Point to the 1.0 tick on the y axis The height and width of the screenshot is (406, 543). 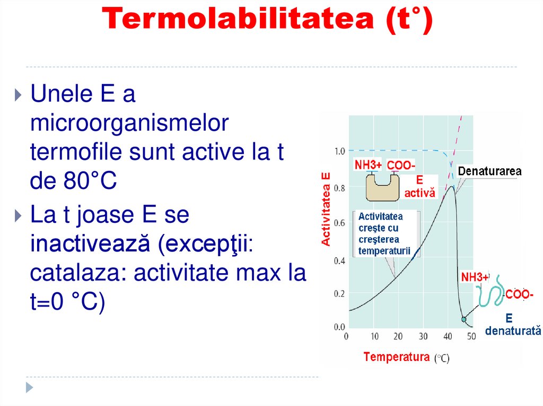coord(340,151)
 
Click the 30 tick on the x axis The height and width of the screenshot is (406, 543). coord(423,337)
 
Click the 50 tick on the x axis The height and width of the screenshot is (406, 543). coord(471,337)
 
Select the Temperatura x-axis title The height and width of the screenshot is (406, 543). coord(397,356)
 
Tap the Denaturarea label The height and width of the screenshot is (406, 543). coord(489,172)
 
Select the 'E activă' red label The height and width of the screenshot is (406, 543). coord(419,187)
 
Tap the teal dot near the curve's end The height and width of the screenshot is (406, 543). coord(464,319)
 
